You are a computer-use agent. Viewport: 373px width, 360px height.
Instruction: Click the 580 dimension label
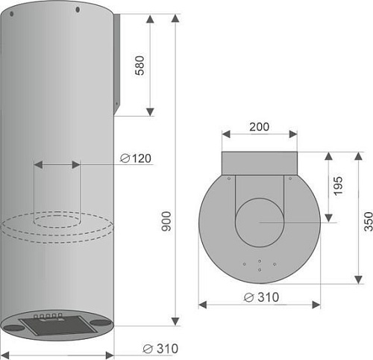pyautogui.click(x=140, y=65)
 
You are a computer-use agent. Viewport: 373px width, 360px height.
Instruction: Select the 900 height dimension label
pyautogui.click(x=166, y=221)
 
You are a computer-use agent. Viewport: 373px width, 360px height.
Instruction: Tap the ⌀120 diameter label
pyautogui.click(x=136, y=158)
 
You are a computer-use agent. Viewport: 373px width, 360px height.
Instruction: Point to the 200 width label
pyautogui.click(x=259, y=127)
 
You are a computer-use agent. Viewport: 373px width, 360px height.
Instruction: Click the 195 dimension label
pyautogui.click(x=338, y=186)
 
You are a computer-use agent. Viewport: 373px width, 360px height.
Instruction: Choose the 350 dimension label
pyautogui.click(x=369, y=221)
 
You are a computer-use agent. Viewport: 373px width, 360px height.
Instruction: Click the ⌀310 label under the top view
pyautogui.click(x=261, y=297)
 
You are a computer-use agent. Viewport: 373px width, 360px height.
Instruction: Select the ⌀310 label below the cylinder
pyautogui.click(x=160, y=349)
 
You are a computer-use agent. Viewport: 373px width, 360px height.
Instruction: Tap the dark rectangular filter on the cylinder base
pyautogui.click(x=59, y=325)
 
